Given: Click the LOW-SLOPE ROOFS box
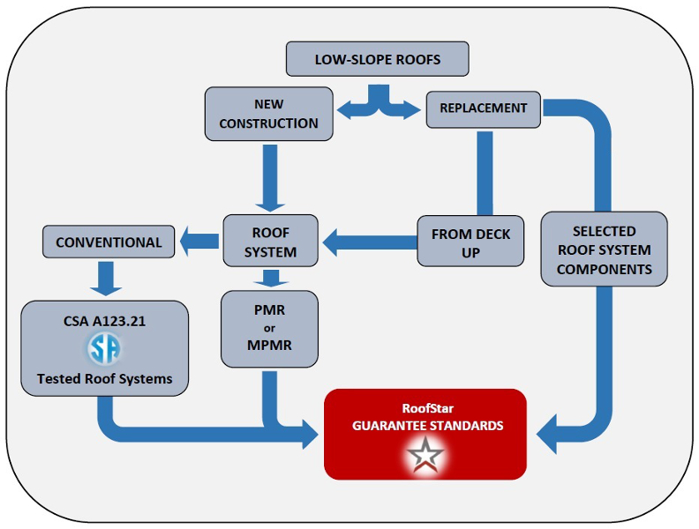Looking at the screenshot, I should (377, 60).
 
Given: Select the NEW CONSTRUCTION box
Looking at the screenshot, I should (268, 114).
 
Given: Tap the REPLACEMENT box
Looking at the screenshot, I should (483, 108).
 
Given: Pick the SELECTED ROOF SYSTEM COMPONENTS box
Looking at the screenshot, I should (604, 249).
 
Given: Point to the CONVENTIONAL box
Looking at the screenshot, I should (109, 242).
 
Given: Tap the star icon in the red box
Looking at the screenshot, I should (426, 457).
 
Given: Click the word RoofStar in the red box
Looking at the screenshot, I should (427, 408).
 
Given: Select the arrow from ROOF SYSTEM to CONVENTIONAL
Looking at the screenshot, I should (199, 237).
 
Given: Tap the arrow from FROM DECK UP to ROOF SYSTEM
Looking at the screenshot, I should (366, 238).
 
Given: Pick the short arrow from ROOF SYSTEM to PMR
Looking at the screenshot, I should (270, 279).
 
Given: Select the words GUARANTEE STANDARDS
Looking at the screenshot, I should (427, 425).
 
